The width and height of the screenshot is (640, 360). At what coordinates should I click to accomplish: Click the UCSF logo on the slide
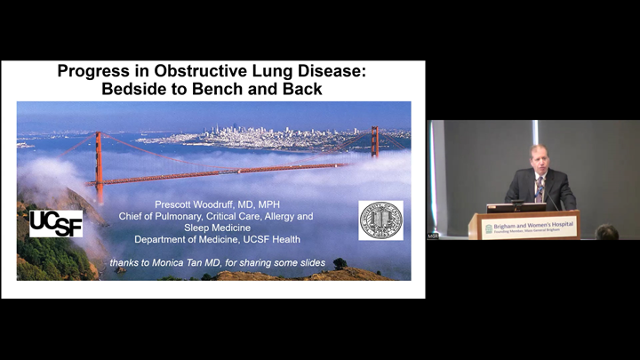tap(56, 223)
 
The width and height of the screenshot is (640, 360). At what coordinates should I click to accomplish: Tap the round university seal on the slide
tap(380, 220)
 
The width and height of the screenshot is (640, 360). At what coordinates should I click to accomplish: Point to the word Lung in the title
tap(260, 71)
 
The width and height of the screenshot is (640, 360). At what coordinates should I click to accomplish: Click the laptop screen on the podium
tap(516, 207)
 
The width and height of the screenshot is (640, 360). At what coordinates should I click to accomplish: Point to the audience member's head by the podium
tap(607, 232)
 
